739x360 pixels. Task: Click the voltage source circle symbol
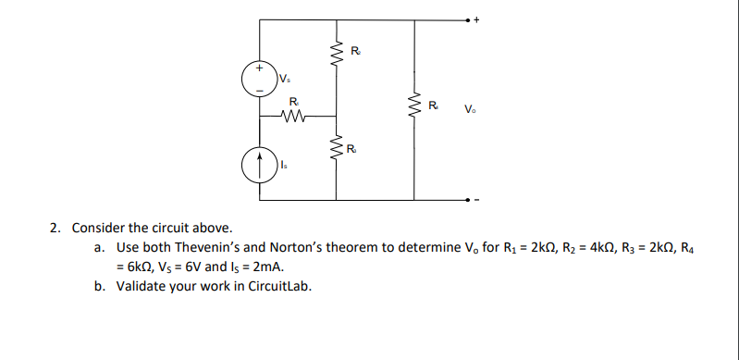[260, 79]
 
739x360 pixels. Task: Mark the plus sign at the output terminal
[478, 19]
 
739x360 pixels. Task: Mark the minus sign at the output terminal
[478, 199]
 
